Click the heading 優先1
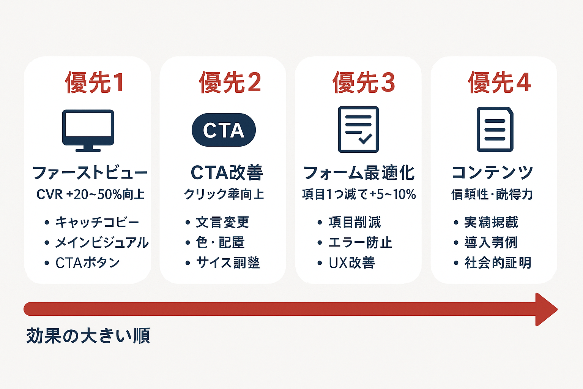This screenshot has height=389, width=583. pos(95,82)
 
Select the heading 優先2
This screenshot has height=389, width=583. pos(230,82)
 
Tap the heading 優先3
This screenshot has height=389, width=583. pos(364,82)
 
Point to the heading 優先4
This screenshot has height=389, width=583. pos(499,82)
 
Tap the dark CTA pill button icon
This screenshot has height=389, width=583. pos(224,130)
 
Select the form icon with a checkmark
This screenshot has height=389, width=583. pos(358,130)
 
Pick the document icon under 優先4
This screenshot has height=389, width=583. pos(495,130)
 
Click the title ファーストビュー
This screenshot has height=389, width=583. pos(90,173)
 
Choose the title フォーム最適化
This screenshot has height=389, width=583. pos(359,173)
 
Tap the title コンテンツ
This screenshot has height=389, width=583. pos(492,173)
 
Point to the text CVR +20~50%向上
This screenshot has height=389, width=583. pos(90,194)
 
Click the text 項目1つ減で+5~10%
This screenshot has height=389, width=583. pos(359,194)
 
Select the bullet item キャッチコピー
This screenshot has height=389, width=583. pos(97,222)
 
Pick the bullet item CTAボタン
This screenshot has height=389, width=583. pos(88,263)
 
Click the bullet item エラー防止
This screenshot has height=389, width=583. pos(360,242)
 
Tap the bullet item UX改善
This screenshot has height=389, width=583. pos(352,263)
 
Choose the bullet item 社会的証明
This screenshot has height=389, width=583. pos(498,263)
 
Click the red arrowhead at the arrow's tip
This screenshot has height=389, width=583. pos(546,309)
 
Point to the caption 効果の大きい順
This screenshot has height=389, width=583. pos(88,336)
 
